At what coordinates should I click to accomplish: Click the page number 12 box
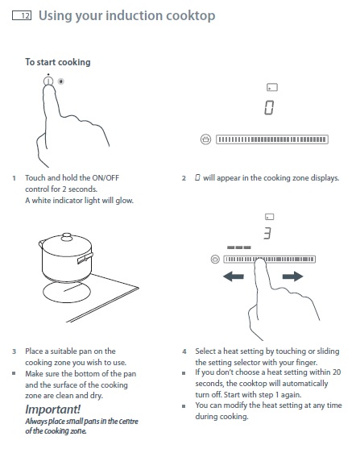[x=22, y=15]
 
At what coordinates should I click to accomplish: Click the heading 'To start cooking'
[x=58, y=62]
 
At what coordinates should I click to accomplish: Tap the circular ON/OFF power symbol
[x=48, y=81]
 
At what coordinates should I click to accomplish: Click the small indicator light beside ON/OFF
[x=61, y=81]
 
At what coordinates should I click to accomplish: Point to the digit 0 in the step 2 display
[x=269, y=108]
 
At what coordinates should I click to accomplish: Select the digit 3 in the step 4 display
[x=267, y=233]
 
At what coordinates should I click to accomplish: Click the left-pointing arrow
[x=234, y=276]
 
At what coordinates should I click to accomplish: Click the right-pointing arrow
[x=292, y=276]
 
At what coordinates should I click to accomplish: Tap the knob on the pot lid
[x=67, y=236]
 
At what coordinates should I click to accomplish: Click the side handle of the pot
[x=85, y=258]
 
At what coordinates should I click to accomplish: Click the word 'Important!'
[x=53, y=410]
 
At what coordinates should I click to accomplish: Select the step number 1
[x=14, y=178]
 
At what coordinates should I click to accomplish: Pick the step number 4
[x=184, y=351]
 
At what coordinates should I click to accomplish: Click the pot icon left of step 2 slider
[x=205, y=139]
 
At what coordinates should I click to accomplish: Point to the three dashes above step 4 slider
[x=239, y=247]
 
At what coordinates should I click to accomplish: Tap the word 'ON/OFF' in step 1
[x=106, y=178]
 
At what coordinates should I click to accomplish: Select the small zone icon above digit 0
[x=272, y=87]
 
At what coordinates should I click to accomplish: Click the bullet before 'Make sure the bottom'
[x=14, y=373]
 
